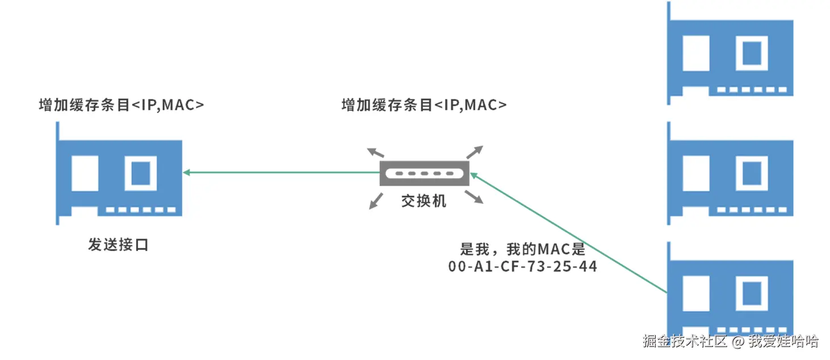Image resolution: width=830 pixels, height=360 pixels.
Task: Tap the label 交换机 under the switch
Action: coord(424,201)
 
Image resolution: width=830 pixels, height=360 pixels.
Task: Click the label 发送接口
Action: coord(118,245)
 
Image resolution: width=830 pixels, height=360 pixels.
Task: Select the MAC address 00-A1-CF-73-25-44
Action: coord(523,266)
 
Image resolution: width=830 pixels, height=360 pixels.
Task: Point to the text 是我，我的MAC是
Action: coord(523,249)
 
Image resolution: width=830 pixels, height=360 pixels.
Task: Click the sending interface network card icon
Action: coord(120,174)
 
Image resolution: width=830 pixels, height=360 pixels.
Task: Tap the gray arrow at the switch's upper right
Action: coord(476,151)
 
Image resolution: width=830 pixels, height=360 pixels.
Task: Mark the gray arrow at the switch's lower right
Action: coord(476,198)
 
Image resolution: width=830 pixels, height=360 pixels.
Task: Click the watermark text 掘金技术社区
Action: coord(685,341)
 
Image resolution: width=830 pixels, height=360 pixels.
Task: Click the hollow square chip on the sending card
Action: coord(141,173)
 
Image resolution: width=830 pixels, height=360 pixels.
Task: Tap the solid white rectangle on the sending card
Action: coord(85,173)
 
